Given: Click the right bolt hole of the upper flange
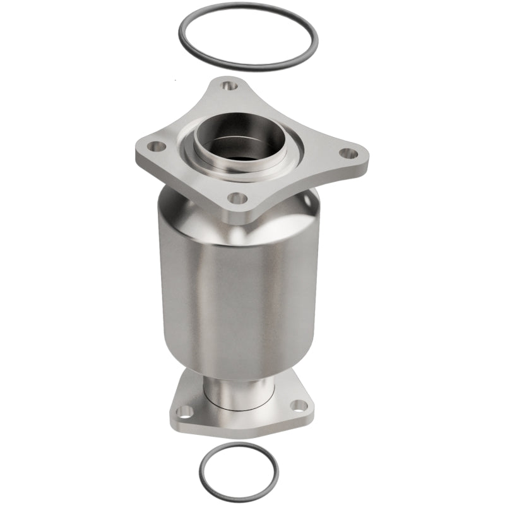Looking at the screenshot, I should [347, 153].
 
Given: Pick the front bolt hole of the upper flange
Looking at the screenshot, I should [237, 199].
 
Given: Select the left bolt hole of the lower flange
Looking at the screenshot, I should [184, 412].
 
